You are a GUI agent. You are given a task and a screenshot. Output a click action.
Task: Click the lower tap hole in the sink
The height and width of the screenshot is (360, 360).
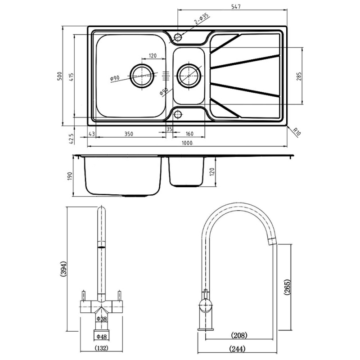point(178,114)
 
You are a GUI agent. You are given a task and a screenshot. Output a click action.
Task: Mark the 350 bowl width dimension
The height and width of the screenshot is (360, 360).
point(129,134)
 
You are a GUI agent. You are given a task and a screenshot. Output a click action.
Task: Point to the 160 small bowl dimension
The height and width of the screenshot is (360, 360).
point(189,134)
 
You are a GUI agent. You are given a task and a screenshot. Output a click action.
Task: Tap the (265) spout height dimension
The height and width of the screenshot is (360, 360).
point(288,287)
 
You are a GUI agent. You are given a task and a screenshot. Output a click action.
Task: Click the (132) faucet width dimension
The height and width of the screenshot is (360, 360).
point(102,348)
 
